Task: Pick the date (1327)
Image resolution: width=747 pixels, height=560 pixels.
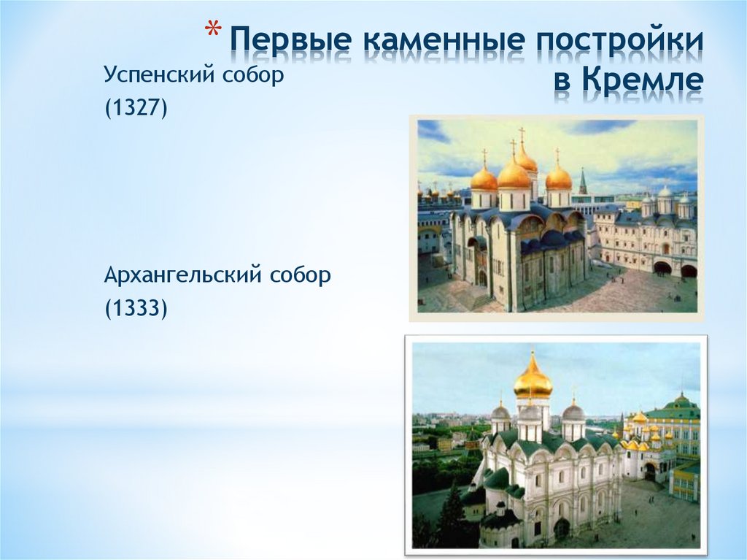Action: pyautogui.click(x=136, y=109)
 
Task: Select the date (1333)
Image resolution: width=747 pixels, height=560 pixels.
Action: pyautogui.click(x=136, y=310)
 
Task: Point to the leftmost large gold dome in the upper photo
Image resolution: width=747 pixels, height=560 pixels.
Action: pyautogui.click(x=484, y=178)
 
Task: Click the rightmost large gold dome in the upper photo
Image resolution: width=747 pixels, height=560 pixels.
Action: pyautogui.click(x=558, y=177)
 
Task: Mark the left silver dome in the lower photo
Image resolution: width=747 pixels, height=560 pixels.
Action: pyautogui.click(x=500, y=413)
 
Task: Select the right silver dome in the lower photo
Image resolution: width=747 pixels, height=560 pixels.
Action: pyautogui.click(x=573, y=413)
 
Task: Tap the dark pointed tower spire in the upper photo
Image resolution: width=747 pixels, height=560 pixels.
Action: pyautogui.click(x=583, y=181)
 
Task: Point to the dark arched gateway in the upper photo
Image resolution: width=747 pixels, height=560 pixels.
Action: pyautogui.click(x=662, y=268)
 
